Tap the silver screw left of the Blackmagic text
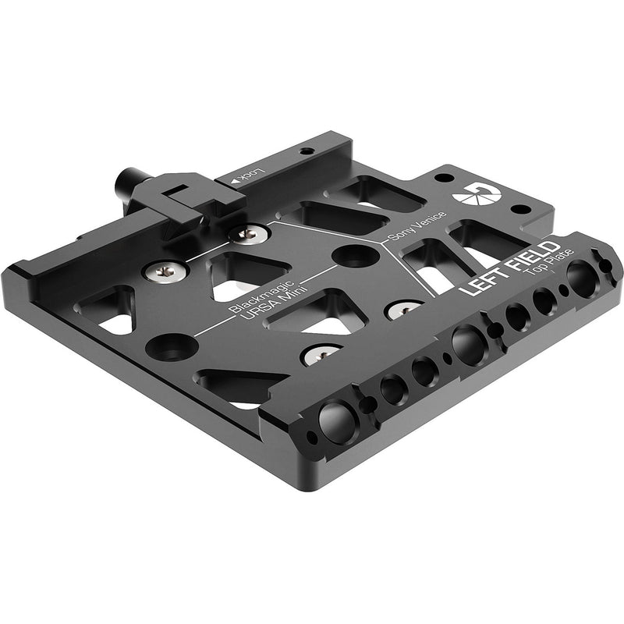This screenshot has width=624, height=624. [165, 271]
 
